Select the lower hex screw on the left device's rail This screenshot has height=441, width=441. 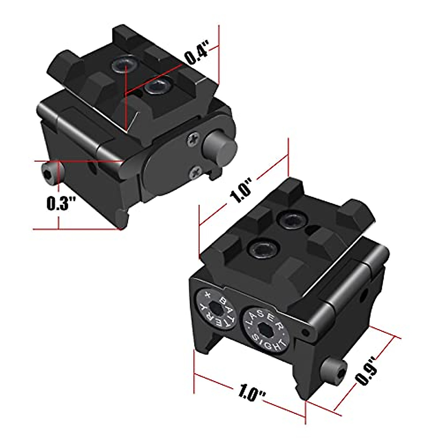pos(156,88)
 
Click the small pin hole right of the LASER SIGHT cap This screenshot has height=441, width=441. pos(304,333)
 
